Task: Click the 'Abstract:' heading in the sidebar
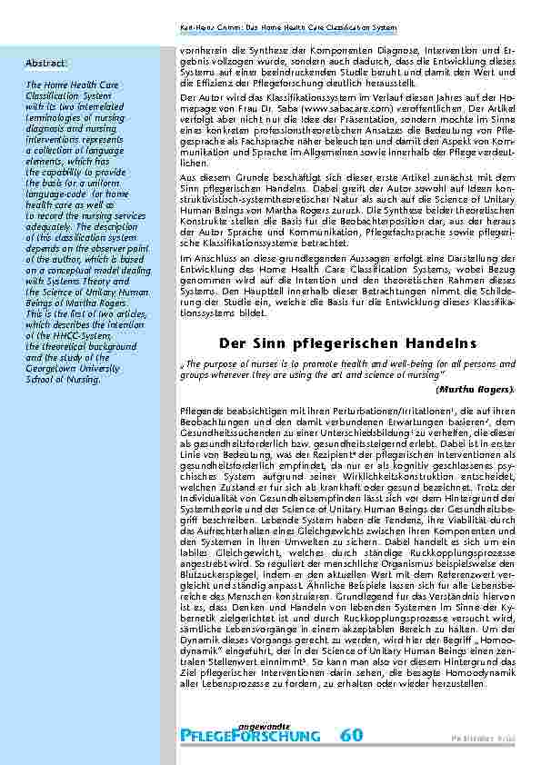tap(45, 62)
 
